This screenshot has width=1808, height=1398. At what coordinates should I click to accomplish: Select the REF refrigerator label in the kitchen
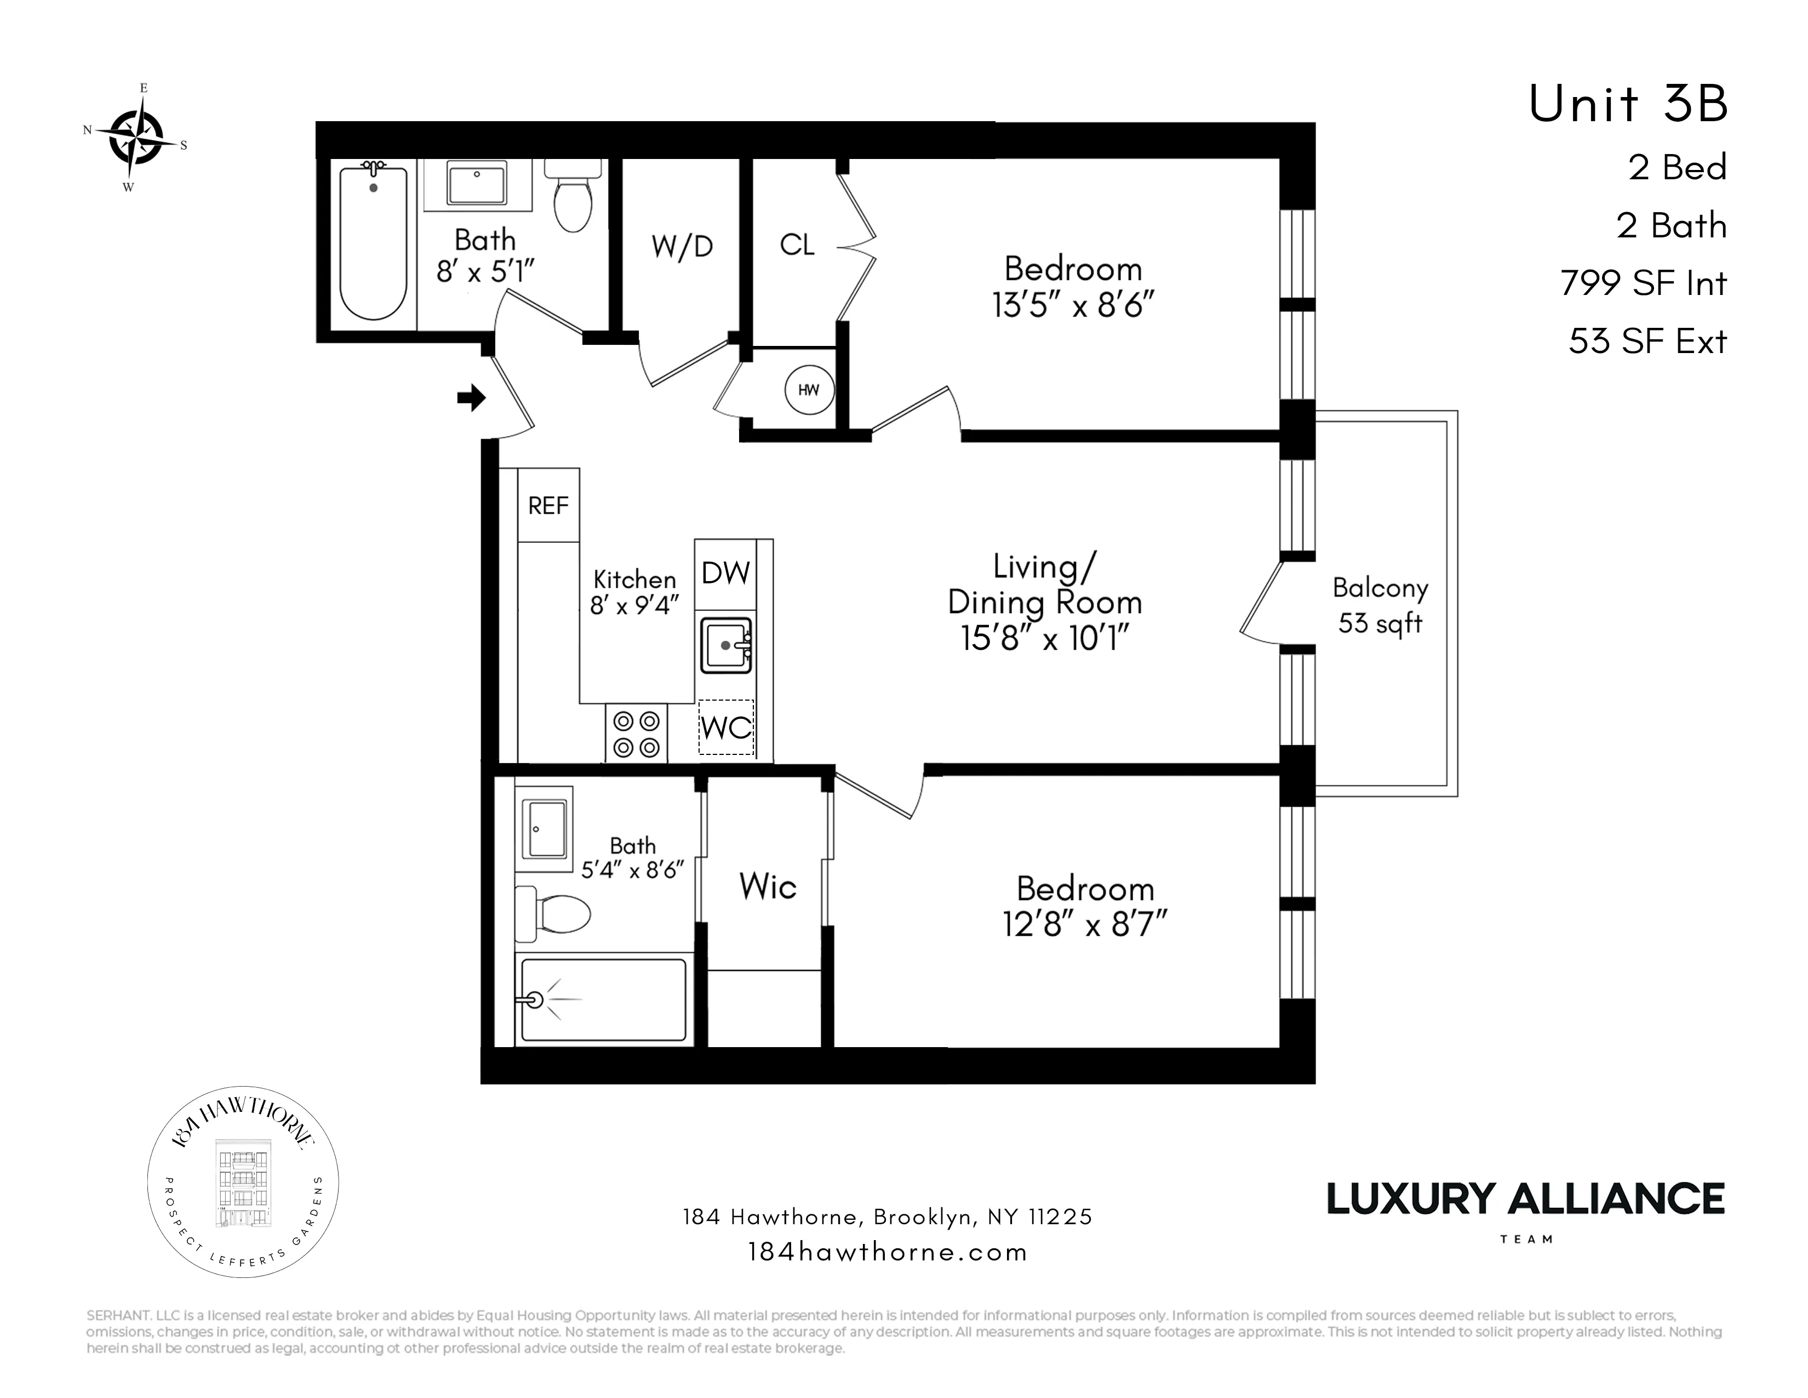tap(548, 506)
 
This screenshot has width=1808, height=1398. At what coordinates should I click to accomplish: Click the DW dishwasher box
tap(725, 573)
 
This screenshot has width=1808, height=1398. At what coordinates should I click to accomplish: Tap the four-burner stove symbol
tap(636, 734)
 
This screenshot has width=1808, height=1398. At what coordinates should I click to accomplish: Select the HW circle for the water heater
tap(808, 389)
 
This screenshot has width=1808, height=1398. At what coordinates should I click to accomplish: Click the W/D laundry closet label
tap(682, 247)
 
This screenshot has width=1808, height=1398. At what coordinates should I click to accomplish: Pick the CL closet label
tap(797, 245)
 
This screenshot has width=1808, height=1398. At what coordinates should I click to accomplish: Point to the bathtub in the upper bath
tap(373, 245)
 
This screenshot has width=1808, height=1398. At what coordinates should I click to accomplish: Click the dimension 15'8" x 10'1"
tap(1045, 639)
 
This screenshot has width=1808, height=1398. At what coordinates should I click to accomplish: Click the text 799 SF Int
tap(1643, 283)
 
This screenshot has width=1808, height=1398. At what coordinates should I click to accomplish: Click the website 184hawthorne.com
tap(888, 1252)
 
